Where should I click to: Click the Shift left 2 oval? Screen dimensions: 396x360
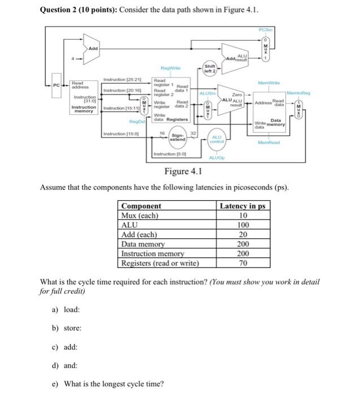209,70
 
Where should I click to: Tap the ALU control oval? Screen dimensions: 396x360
217,139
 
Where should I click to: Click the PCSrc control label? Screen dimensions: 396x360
265,29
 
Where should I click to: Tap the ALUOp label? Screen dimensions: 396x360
217,160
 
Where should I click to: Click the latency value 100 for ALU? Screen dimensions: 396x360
242,225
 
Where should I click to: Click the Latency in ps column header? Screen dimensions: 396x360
242,206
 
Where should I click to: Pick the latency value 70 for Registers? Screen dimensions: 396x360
242,264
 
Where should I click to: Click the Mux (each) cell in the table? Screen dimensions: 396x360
140,216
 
